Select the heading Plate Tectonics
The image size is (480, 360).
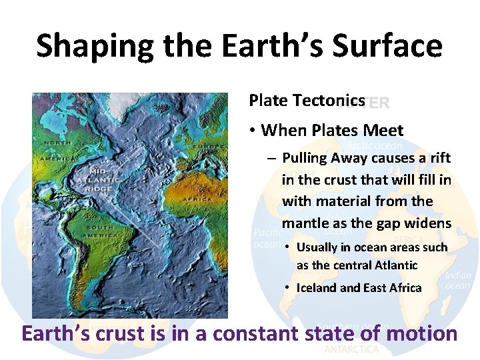tap(307, 101)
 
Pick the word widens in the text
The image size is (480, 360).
tap(429, 223)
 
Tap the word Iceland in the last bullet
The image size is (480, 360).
tap(317, 288)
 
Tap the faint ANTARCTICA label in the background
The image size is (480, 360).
tap(351, 349)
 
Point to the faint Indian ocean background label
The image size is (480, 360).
tap(457, 280)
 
